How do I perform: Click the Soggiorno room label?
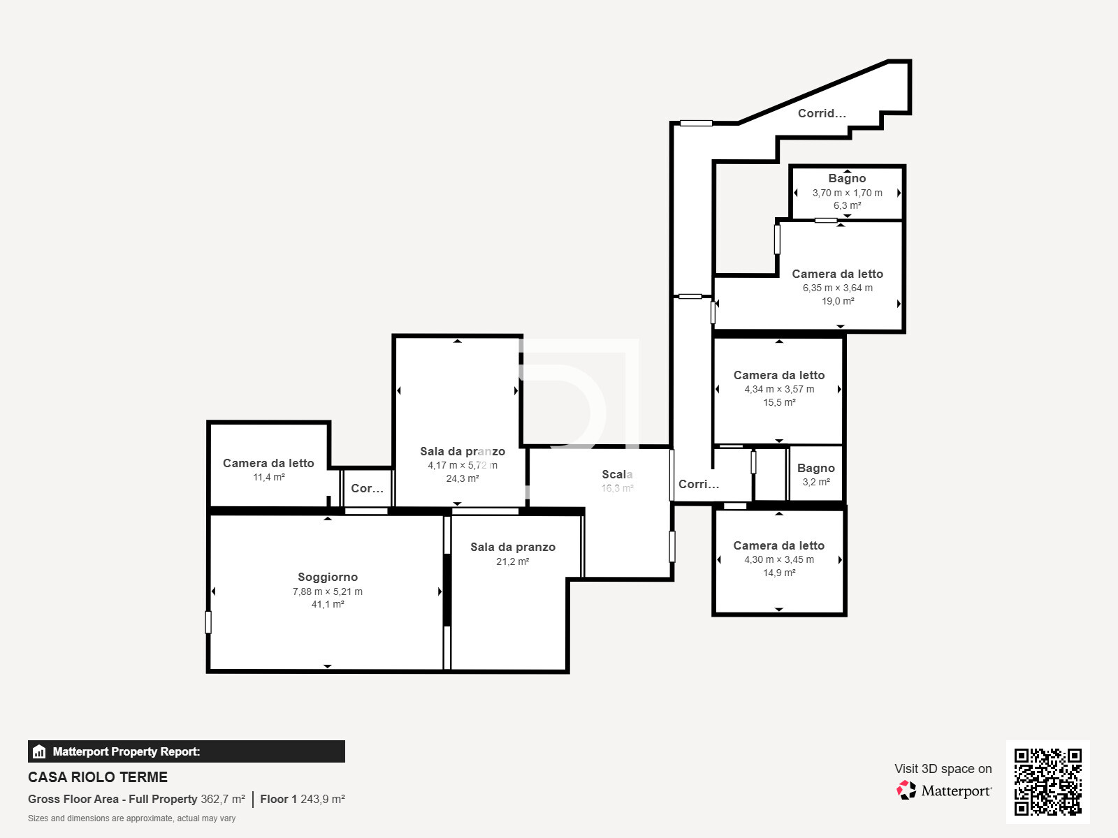coord(328,577)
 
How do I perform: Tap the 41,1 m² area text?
coord(328,604)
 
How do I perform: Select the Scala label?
coord(617,474)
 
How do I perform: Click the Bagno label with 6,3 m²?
coord(847,178)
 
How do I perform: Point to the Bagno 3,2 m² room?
coord(815,474)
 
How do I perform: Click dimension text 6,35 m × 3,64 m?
coord(837,288)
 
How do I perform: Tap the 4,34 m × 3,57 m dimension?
coord(779,389)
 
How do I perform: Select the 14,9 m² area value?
coord(779,573)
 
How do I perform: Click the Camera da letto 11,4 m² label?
coord(268,463)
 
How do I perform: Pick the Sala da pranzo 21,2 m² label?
coord(513,547)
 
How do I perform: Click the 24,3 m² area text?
coord(463,478)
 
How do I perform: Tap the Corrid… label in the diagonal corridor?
coord(822,113)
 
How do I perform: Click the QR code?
coord(1047,781)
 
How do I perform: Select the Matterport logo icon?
coord(906,791)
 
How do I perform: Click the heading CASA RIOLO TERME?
coord(98,777)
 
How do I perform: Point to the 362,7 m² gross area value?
coord(223,799)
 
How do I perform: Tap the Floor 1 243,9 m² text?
coord(303,799)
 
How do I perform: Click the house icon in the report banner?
coord(39,751)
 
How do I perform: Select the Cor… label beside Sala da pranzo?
coord(367,488)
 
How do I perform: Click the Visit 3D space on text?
coord(943,768)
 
